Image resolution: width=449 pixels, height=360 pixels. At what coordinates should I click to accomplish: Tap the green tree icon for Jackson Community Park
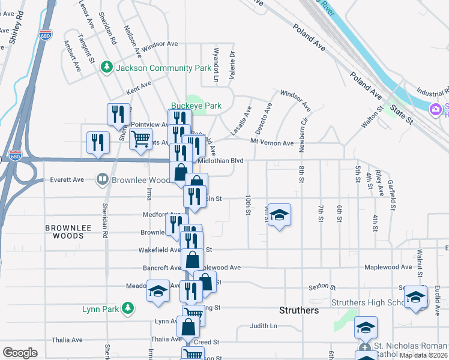point(107,67)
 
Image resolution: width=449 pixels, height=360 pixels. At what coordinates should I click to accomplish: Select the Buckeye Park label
point(196,106)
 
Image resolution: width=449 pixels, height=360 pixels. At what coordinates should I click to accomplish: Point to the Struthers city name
point(298,310)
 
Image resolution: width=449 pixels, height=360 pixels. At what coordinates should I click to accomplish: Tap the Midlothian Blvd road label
point(220,161)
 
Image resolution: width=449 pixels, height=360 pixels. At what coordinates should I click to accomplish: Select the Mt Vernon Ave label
point(272,143)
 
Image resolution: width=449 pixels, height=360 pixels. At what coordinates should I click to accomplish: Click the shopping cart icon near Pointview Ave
point(140,139)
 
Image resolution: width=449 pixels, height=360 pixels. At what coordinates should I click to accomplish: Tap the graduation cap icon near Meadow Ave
point(157,291)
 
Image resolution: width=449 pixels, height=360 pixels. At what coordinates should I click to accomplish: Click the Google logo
point(20,353)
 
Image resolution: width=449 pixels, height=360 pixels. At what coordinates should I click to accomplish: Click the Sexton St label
point(321,287)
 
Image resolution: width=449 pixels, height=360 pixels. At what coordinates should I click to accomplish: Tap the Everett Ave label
point(67,179)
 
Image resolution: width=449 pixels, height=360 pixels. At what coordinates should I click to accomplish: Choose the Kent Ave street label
point(137,91)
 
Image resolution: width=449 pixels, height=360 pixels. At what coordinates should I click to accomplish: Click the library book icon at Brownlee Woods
point(103,179)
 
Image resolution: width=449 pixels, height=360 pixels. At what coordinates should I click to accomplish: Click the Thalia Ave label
point(166,339)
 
